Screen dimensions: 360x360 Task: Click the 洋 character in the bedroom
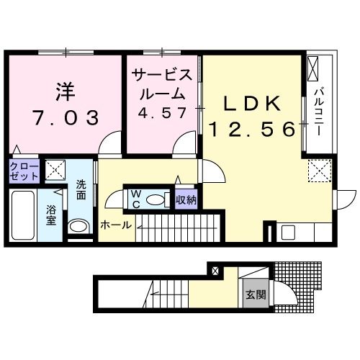(63, 92)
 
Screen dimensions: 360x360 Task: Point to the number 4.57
(162, 113)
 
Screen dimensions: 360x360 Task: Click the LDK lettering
(251, 104)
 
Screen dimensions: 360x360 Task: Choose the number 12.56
(251, 130)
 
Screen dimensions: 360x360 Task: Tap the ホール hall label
(116, 225)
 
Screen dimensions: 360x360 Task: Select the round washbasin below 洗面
(78, 226)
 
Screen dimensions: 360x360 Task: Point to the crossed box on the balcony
(315, 71)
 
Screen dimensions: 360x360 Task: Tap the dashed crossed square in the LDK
(318, 171)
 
